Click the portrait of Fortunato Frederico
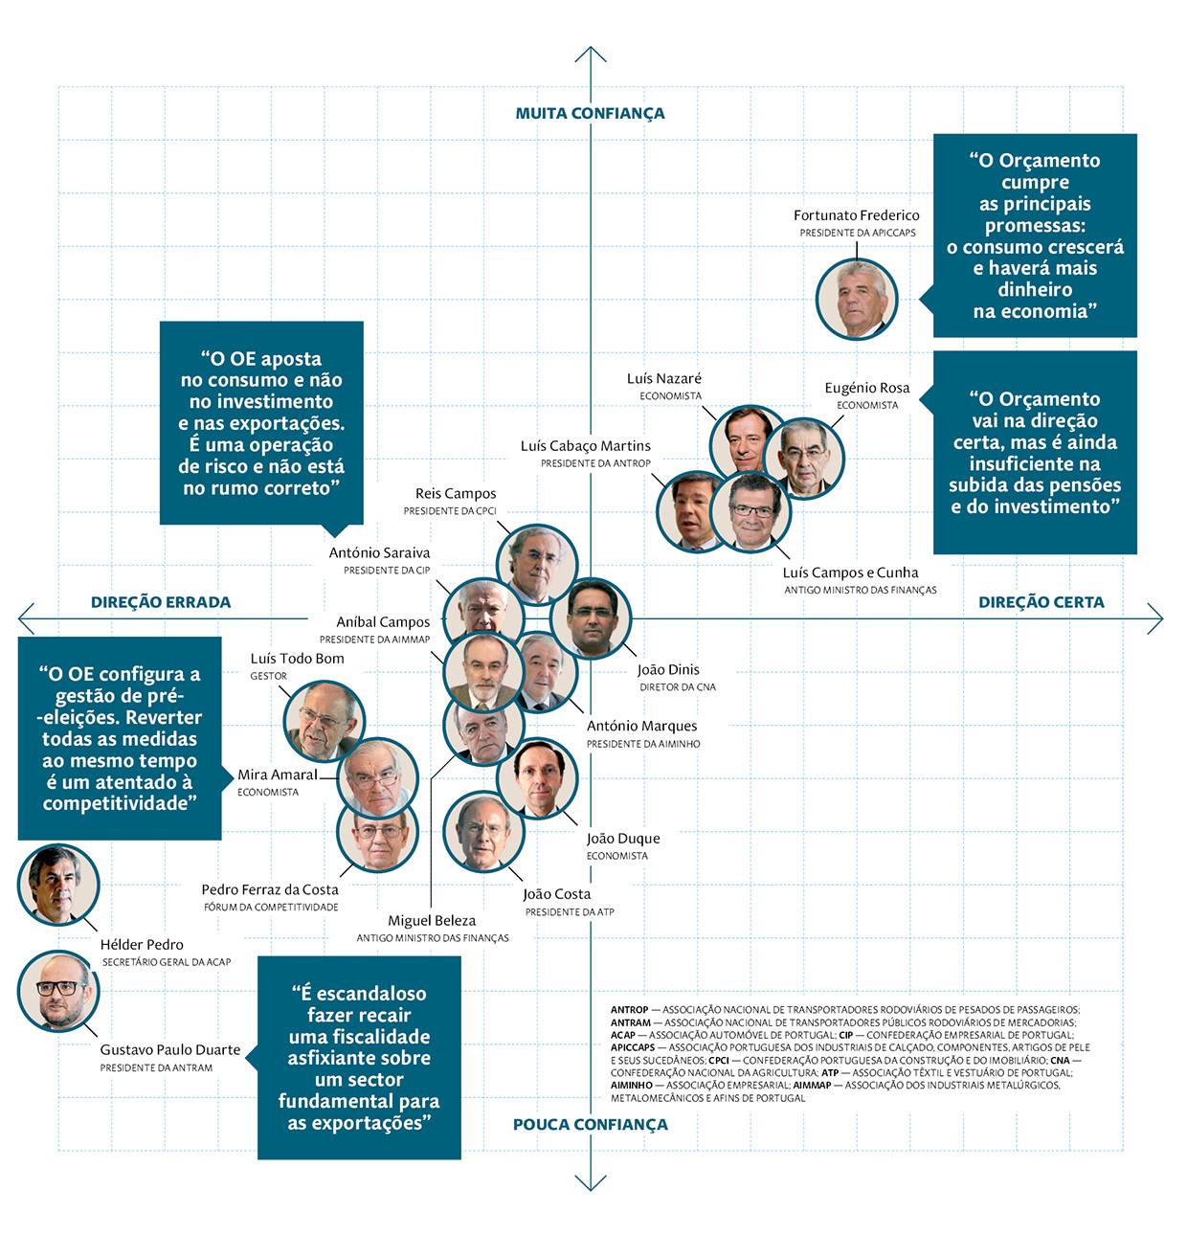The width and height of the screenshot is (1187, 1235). tap(857, 299)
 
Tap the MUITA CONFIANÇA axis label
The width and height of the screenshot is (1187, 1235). tap(590, 113)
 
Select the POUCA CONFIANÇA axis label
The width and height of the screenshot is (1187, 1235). tap(590, 1124)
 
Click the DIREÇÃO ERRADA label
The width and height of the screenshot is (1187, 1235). tap(161, 602)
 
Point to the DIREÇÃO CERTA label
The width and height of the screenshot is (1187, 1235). tap(1041, 602)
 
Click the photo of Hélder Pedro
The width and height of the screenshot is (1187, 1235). tap(58, 885)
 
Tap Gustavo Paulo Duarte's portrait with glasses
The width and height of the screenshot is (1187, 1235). tap(58, 990)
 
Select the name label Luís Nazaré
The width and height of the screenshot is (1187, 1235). tap(664, 378)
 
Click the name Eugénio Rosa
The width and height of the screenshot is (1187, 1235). tap(867, 388)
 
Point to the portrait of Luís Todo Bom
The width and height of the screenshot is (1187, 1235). tap(325, 721)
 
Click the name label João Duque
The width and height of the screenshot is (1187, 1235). tap(623, 839)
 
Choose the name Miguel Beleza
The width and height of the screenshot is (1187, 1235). tap(432, 921)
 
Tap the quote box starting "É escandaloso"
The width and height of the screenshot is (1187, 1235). tap(359, 1058)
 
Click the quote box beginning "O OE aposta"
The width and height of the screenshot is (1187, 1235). tap(261, 423)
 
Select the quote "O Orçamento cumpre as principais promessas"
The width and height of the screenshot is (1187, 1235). tap(1035, 236)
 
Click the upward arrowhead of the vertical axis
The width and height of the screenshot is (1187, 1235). tap(591, 52)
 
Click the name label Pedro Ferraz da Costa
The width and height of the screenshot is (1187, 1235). tap(270, 889)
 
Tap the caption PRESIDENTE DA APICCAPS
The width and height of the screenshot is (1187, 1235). tap(858, 233)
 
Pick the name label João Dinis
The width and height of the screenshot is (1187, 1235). tap(668, 670)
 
